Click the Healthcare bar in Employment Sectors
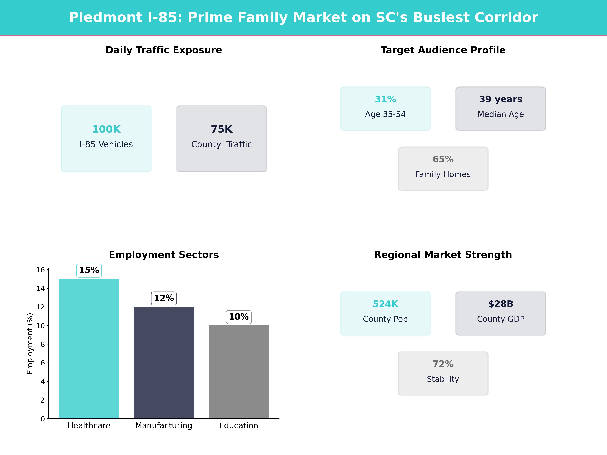tap(89, 348)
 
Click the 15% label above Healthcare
tap(89, 270)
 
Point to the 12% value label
tap(164, 298)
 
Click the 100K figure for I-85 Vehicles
tap(106, 129)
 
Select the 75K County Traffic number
tap(221, 129)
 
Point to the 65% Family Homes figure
tap(443, 159)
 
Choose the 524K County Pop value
tap(385, 304)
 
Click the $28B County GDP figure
tap(501, 304)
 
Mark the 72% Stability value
tap(443, 364)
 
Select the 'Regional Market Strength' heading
tap(443, 255)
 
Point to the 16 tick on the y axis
tap(41, 270)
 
